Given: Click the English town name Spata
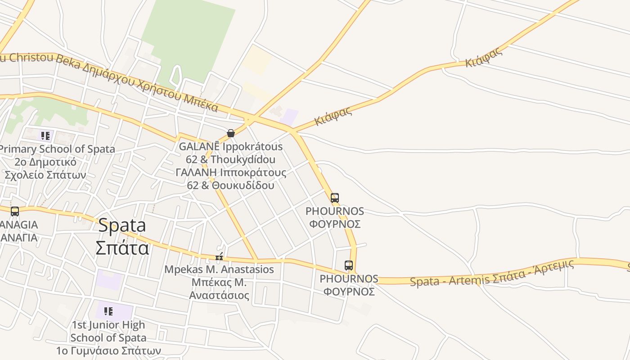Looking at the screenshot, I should pyautogui.click(x=122, y=225).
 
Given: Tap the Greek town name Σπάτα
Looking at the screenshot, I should pyautogui.click(x=122, y=247).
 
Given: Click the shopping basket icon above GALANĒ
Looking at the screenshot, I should pyautogui.click(x=231, y=133).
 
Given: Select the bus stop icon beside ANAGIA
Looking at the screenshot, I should pyautogui.click(x=15, y=211).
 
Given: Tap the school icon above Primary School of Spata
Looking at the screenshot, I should pyautogui.click(x=45, y=136).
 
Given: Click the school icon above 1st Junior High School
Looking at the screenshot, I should pyautogui.click(x=108, y=311).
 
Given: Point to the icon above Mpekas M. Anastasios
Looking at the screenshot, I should pyautogui.click(x=219, y=257).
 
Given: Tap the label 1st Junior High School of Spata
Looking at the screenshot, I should pyautogui.click(x=108, y=331).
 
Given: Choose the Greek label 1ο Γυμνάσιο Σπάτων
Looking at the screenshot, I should pyautogui.click(x=108, y=350).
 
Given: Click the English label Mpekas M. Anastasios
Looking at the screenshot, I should pyautogui.click(x=219, y=270).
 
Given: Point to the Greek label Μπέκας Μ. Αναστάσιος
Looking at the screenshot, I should pyautogui.click(x=219, y=289).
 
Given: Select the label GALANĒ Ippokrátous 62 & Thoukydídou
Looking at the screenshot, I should pyautogui.click(x=231, y=153).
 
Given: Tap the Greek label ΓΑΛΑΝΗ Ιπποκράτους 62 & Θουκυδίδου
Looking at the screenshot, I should pyautogui.click(x=231, y=179).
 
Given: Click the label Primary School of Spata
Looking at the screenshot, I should pyautogui.click(x=57, y=149).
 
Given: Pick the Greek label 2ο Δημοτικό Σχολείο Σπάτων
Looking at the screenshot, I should pyautogui.click(x=45, y=168).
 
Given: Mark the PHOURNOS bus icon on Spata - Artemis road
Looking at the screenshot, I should pyautogui.click(x=349, y=265).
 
